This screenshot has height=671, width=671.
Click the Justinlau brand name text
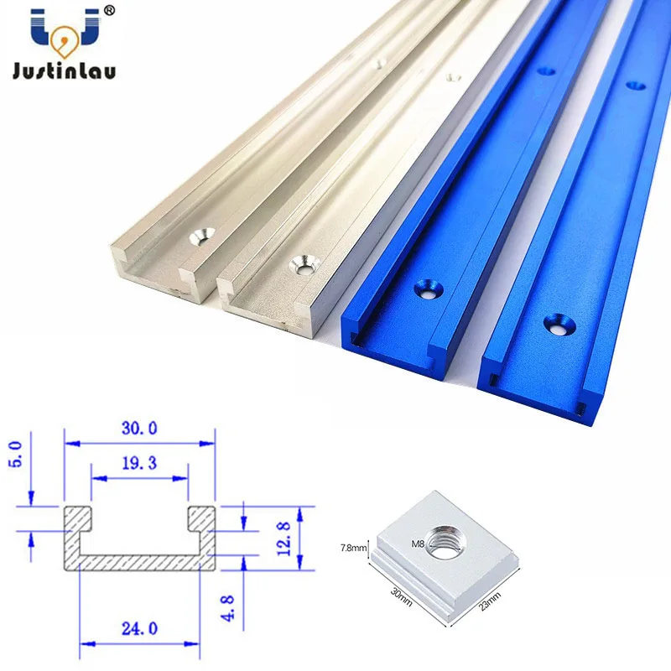(x=64, y=71)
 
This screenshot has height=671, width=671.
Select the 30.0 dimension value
(x=138, y=428)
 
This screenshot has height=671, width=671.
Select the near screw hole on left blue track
(x=426, y=290)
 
